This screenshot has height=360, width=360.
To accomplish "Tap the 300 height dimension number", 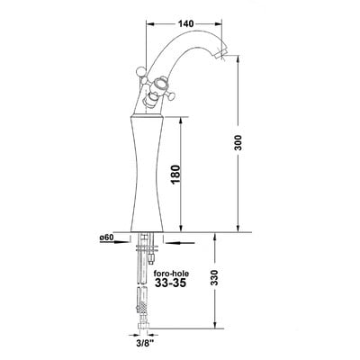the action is [x=238, y=143].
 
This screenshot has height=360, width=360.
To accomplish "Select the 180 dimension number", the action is [x=175, y=175].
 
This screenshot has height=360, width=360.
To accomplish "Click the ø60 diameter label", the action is [x=106, y=238].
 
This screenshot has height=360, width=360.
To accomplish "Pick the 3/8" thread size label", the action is [x=143, y=341].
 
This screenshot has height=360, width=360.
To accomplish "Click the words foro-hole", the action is [x=171, y=274].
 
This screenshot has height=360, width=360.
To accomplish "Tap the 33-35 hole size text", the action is [x=170, y=283].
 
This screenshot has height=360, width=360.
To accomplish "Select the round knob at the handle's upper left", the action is [x=140, y=72].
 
